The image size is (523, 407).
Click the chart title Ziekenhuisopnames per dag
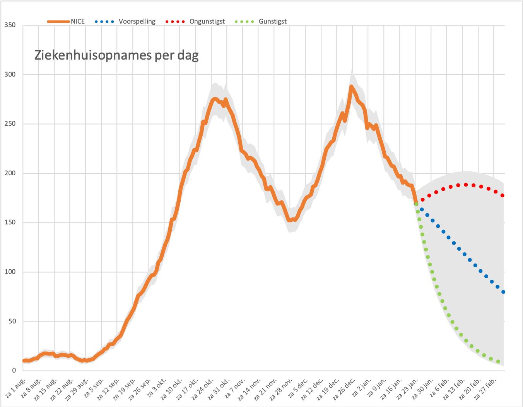116,55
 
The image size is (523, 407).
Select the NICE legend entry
66,21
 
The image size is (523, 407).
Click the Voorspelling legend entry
125,21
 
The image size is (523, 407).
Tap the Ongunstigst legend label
207,21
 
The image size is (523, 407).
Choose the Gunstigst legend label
273,21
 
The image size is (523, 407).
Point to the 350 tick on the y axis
10,25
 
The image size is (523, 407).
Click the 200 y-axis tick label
10,173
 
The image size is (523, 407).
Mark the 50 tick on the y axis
12,321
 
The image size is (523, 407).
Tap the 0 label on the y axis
14,370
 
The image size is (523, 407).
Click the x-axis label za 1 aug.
15,388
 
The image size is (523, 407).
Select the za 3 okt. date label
157,388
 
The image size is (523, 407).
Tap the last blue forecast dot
503,292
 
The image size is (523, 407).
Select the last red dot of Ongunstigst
502,195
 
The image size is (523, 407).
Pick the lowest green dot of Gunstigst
498,361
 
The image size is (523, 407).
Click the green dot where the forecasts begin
416,204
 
